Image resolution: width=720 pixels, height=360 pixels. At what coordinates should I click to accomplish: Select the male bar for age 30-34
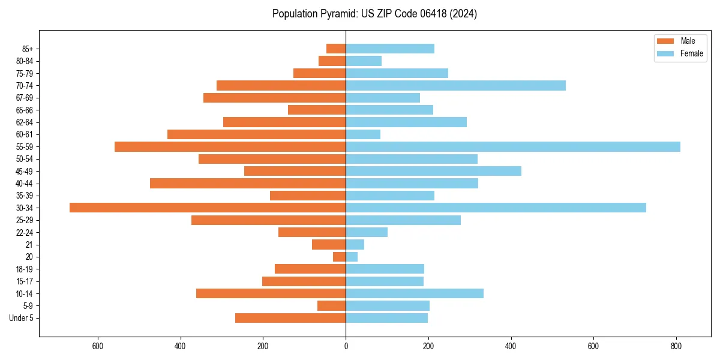pyautogui.click(x=208, y=208)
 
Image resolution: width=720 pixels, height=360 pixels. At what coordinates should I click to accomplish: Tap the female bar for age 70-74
pyautogui.click(x=455, y=85)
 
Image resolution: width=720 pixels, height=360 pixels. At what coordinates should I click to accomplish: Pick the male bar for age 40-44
pyautogui.click(x=248, y=183)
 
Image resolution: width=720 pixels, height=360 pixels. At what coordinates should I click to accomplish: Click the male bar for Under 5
pyautogui.click(x=290, y=318)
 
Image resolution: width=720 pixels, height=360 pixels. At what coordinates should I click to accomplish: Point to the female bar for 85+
pyautogui.click(x=390, y=49)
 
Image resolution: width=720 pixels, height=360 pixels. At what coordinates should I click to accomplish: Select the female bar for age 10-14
pyautogui.click(x=415, y=293)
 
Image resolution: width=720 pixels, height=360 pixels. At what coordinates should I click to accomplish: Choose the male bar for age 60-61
pyautogui.click(x=256, y=134)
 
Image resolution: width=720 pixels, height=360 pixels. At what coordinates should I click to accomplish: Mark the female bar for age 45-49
pyautogui.click(x=433, y=171)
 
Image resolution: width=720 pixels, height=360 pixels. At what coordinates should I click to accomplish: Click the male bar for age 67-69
pyautogui.click(x=274, y=98)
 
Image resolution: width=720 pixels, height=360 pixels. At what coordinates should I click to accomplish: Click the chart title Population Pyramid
pyautogui.click(x=374, y=14)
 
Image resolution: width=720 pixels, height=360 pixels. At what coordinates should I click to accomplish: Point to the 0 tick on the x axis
pyautogui.click(x=346, y=346)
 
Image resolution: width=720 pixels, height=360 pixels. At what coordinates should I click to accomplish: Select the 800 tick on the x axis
pyautogui.click(x=676, y=346)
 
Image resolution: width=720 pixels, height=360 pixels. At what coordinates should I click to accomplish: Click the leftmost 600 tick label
pyautogui.click(x=98, y=346)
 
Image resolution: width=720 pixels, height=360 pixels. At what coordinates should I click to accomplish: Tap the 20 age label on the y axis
pyautogui.click(x=29, y=257)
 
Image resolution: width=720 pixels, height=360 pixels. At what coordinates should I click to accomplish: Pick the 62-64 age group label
pyautogui.click(x=25, y=122)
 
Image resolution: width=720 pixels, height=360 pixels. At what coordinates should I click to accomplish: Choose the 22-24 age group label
pyautogui.click(x=25, y=232)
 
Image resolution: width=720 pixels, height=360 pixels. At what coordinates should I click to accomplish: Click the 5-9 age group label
pyautogui.click(x=28, y=306)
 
